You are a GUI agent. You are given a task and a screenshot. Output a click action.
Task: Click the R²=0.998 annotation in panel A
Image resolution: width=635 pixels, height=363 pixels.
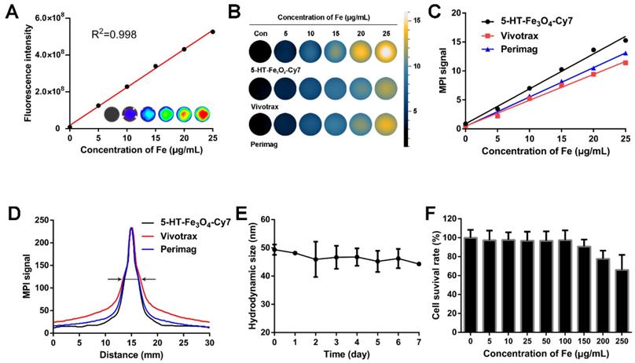coord(117,36)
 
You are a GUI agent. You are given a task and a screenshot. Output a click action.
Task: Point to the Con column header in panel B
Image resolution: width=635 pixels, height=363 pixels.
coord(260,34)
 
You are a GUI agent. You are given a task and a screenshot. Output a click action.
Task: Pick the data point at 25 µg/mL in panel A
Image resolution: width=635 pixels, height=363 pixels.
coord(212,31)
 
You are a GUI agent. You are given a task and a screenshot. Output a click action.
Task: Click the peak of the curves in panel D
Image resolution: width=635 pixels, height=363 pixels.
coord(131,229)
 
